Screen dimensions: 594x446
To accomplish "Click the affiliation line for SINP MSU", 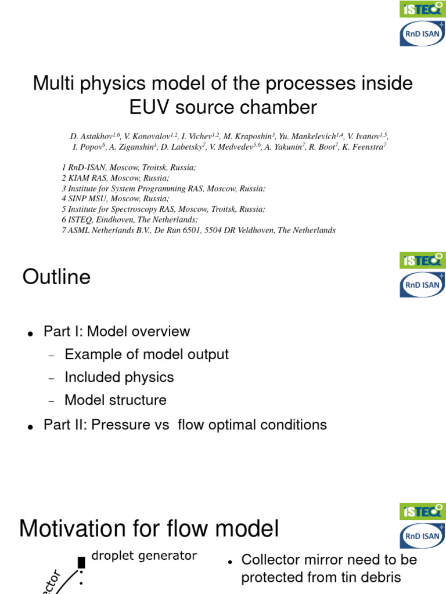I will [x=116, y=199].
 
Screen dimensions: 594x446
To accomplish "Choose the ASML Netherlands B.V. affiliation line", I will [x=199, y=230].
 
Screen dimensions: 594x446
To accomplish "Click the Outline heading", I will [x=56, y=277].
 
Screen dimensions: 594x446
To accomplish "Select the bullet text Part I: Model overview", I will [x=116, y=332].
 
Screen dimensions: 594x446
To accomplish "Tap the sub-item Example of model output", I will [x=146, y=354].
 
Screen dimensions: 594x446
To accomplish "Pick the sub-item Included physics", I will [x=119, y=377].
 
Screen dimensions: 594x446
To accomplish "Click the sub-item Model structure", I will [x=116, y=400].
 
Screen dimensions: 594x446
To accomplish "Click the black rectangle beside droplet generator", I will [x=81, y=562].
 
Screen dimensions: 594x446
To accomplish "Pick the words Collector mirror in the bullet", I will [x=287, y=560].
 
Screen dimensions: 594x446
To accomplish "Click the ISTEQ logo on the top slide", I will [x=422, y=9].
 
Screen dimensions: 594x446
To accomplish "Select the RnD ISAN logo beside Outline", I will [x=422, y=285].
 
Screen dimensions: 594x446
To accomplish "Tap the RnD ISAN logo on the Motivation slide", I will [x=422, y=536].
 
